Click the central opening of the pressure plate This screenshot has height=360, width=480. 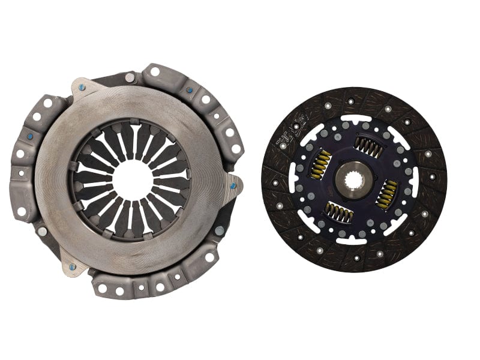(x=131, y=179)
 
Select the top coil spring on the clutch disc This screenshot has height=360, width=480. (x=368, y=146)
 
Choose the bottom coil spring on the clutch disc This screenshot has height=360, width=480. (x=338, y=211)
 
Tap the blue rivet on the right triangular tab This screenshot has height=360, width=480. (x=233, y=185)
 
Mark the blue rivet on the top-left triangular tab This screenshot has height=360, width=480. (x=82, y=88)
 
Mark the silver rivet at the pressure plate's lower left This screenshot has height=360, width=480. (x=42, y=230)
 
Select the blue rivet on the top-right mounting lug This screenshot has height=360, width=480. (x=190, y=91)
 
